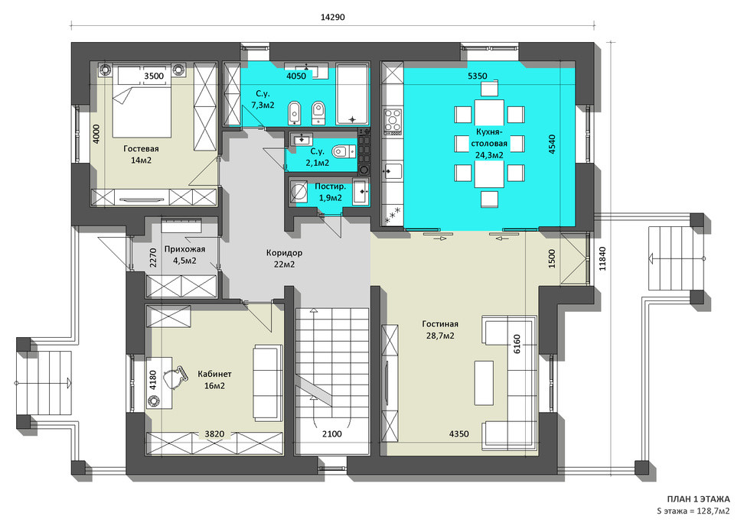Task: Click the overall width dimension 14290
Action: pos(333,17)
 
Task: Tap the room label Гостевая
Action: pos(141,148)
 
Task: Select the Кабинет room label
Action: pos(214,374)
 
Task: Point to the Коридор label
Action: pos(284,252)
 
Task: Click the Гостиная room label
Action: pos(440,324)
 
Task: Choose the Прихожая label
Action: pos(184,249)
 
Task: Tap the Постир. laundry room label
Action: pos(330,187)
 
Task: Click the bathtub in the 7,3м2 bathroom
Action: pos(352,94)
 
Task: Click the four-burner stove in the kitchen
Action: pos(393,119)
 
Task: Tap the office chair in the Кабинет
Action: pos(175,378)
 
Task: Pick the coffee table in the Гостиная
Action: pos(484,383)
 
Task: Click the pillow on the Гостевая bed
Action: pos(142,76)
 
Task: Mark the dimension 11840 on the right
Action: pos(602,259)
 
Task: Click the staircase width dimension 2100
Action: pos(331,433)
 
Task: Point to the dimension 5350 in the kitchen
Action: pos(477,76)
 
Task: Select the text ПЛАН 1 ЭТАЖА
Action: pos(698,499)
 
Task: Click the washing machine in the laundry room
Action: pos(299,191)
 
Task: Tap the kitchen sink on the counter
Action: pos(393,170)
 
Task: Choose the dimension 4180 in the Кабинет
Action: pos(153,380)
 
